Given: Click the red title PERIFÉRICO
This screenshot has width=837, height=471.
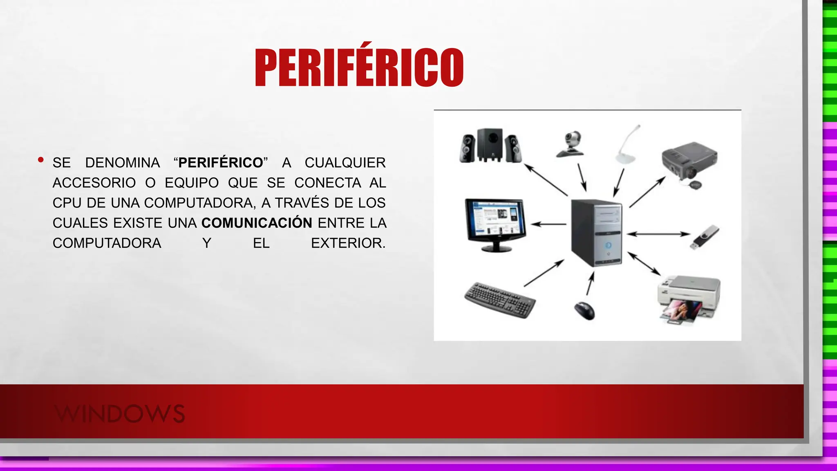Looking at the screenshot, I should click(359, 68).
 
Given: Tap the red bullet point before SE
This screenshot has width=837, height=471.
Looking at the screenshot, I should click(40, 160).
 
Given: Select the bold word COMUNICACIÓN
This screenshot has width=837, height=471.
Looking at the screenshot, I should click(257, 223).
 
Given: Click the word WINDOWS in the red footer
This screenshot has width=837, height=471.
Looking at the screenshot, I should click(120, 413).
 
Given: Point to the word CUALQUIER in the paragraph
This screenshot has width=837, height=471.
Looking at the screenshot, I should click(345, 163).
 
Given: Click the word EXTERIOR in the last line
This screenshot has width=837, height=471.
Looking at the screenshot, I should click(348, 243).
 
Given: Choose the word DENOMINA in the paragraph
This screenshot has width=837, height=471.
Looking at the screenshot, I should click(122, 163).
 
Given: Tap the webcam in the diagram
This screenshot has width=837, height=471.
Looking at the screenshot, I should click(571, 144).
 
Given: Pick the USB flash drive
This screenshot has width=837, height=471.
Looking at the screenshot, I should click(704, 237).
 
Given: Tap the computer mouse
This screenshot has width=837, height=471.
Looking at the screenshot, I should click(584, 310).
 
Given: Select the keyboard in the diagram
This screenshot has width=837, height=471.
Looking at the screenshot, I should click(500, 300).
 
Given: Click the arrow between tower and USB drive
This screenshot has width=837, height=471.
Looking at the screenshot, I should click(658, 234).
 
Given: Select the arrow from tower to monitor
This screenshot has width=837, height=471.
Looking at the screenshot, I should click(548, 224).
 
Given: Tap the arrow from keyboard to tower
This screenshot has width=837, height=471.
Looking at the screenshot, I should click(544, 273).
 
